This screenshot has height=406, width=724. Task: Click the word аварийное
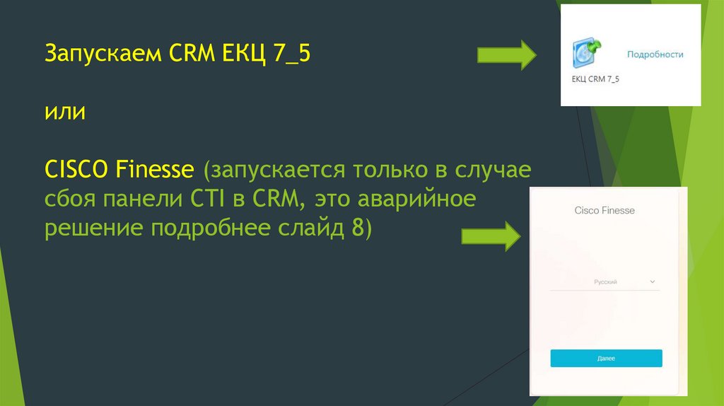[416, 200]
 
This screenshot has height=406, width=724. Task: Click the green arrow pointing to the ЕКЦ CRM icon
[508, 54]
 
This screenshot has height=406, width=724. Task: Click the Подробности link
[655, 54]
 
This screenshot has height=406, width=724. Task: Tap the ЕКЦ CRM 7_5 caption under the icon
[595, 79]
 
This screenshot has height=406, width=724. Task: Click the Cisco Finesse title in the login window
[605, 211]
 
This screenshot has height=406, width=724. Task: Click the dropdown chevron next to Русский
[652, 282]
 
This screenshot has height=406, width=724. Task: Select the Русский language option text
[605, 282]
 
